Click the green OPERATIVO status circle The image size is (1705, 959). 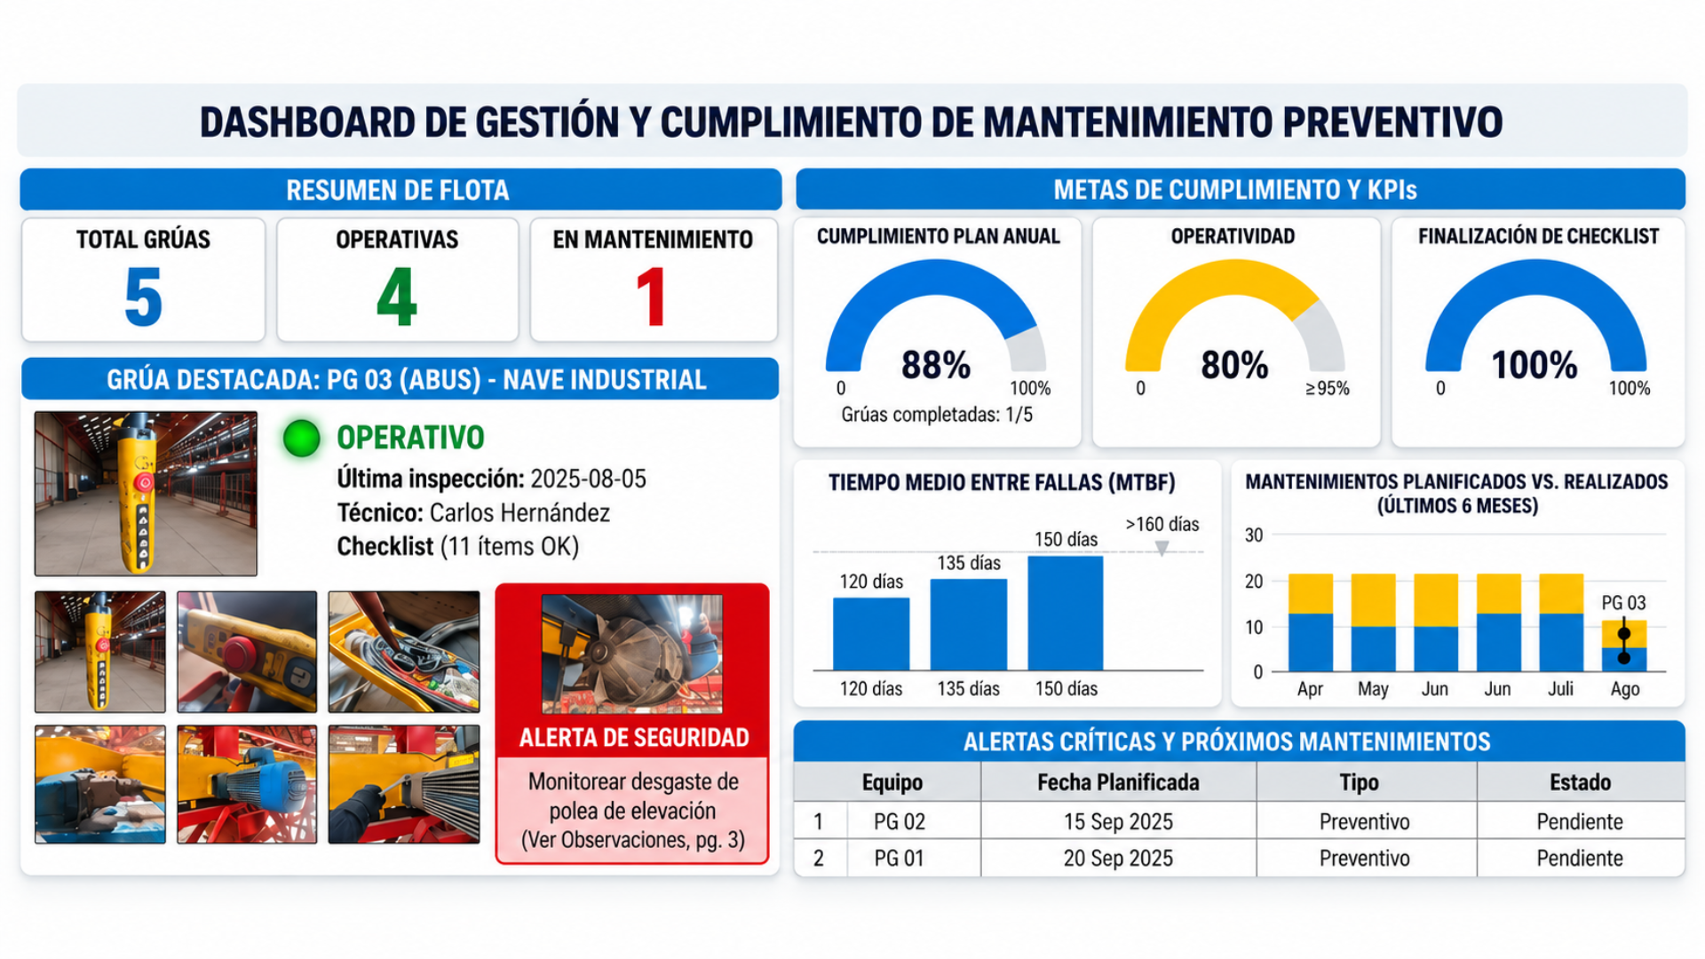pyautogui.click(x=301, y=438)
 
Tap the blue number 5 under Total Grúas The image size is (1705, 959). pyautogui.click(x=143, y=297)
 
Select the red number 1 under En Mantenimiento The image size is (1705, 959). pyautogui.click(x=652, y=297)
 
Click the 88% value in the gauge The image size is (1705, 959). pyautogui.click(x=936, y=365)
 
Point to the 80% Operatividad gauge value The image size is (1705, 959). pyautogui.click(x=1234, y=365)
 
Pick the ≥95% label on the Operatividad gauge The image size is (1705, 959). pyautogui.click(x=1327, y=388)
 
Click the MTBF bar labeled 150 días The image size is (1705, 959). pyautogui.click(x=1066, y=613)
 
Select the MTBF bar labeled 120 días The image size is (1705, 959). pyautogui.click(x=871, y=634)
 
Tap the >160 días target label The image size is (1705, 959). pyautogui.click(x=1162, y=524)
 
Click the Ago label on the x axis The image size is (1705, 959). pyautogui.click(x=1625, y=689)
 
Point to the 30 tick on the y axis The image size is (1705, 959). pyautogui.click(x=1253, y=535)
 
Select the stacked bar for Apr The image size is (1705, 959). pyautogui.click(x=1310, y=622)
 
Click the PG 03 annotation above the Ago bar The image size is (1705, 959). pyautogui.click(x=1623, y=603)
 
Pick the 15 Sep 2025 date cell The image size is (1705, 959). pyautogui.click(x=1118, y=821)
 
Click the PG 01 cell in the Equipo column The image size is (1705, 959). pyautogui.click(x=899, y=859)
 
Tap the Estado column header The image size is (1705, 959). pyautogui.click(x=1580, y=782)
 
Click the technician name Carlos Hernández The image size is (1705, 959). pyautogui.click(x=519, y=513)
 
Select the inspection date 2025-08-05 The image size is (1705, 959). pyautogui.click(x=588, y=479)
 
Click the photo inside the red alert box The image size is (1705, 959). pyautogui.click(x=631, y=654)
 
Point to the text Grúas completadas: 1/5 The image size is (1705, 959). pyautogui.click(x=937, y=415)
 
